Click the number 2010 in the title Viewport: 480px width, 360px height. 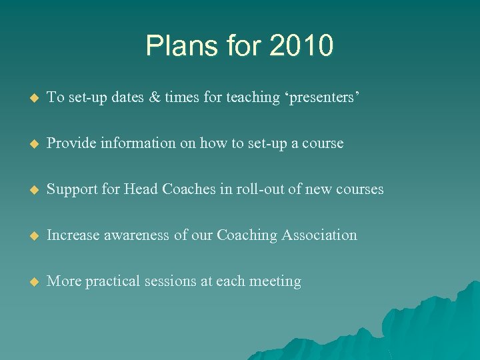[x=301, y=46]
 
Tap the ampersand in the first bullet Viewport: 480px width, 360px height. [x=155, y=97]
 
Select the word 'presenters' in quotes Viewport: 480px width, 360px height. [x=317, y=98]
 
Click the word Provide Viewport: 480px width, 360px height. [x=73, y=143]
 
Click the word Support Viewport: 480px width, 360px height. [x=73, y=189]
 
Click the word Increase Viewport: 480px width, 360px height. [x=75, y=235]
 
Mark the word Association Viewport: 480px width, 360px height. [x=319, y=235]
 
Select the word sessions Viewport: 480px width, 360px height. [x=172, y=281]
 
